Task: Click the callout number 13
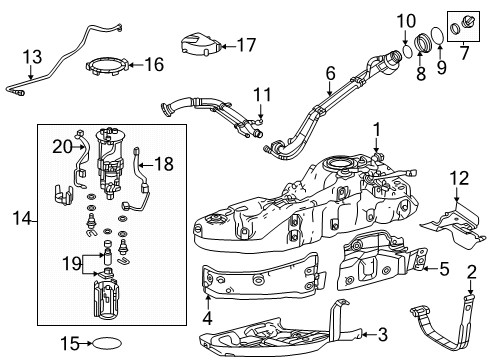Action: click(32, 57)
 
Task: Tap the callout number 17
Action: click(246, 45)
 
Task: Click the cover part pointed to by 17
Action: click(200, 43)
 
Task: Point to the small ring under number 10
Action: click(408, 52)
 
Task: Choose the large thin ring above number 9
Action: click(438, 36)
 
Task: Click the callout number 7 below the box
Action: click(464, 53)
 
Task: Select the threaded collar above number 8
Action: click(423, 43)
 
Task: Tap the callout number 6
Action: click(330, 73)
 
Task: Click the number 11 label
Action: click(262, 95)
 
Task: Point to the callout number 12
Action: click(459, 178)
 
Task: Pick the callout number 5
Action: click(445, 269)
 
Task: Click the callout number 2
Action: click(472, 273)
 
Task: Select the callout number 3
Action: click(383, 334)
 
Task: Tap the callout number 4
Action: click(207, 318)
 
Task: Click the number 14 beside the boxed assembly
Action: click(22, 219)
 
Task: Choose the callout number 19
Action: click(72, 264)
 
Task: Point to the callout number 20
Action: click(62, 147)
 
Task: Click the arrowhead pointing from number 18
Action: click(141, 164)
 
